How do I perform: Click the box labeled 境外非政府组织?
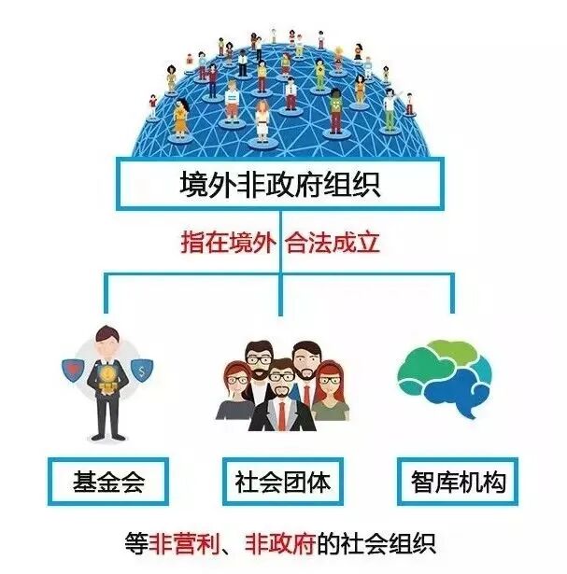pos(281,184)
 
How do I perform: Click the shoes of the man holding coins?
pos(106,439)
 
